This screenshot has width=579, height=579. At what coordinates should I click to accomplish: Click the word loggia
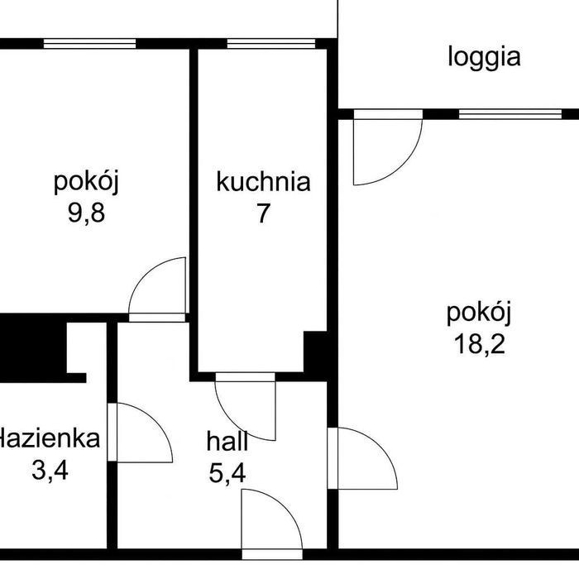pos(484,58)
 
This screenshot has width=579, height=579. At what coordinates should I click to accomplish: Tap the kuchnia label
pos(263,182)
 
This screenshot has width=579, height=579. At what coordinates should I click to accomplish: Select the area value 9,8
pos(86,213)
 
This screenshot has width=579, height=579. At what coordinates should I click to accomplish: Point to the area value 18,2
pos(479,344)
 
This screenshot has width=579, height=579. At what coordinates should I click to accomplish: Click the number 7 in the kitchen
pos(263,213)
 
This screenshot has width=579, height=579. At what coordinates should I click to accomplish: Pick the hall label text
pos(227,441)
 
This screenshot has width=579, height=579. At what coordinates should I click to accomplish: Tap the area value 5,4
pos(227,473)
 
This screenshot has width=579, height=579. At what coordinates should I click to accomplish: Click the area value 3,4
pos(50,471)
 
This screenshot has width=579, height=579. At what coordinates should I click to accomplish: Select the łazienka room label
pos(50,438)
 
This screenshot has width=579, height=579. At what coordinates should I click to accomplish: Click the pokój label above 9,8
pos(86,182)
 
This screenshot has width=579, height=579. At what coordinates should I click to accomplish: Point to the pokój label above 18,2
pos(479,313)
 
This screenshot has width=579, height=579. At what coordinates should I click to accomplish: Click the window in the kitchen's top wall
pos(271,44)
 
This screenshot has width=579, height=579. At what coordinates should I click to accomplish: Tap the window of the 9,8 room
pos(89,44)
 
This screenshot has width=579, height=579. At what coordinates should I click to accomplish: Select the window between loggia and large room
pos(510,114)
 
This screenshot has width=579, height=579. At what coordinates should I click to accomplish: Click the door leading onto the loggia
pos(388,147)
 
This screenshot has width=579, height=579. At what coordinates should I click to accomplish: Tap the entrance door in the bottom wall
pos(272,554)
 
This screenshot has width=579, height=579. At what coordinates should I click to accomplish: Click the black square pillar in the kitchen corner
pos(315,352)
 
